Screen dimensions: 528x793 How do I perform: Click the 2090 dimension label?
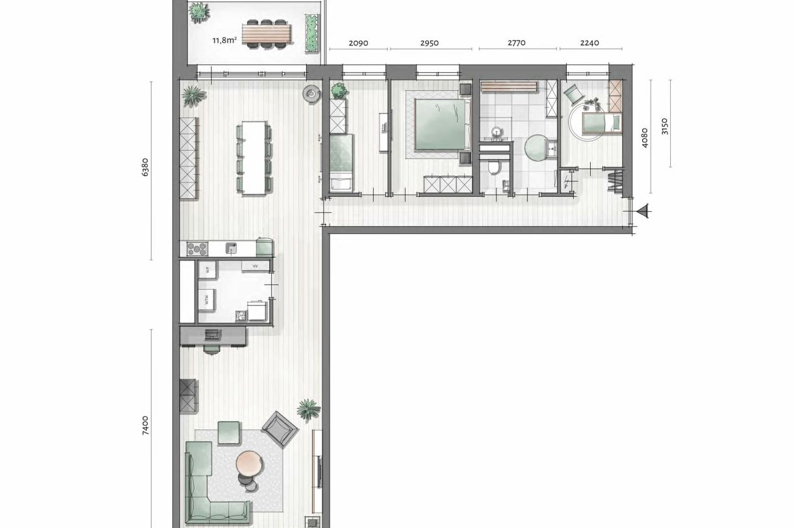point(358,44)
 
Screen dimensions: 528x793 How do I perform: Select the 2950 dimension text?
point(430,44)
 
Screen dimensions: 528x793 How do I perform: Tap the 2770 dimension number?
point(516,44)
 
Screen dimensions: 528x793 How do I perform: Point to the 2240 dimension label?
point(589,44)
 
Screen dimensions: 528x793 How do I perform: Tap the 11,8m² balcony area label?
point(224,40)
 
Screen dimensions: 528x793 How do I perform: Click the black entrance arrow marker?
point(643,210)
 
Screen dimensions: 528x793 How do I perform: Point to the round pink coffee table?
point(249,464)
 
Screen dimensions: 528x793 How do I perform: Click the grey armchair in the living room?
point(280,428)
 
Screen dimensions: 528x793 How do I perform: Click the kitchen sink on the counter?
point(232,247)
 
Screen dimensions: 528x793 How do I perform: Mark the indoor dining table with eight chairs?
point(254,157)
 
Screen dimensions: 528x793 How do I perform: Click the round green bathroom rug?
point(538,147)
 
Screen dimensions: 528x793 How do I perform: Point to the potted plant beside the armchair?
point(309,409)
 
